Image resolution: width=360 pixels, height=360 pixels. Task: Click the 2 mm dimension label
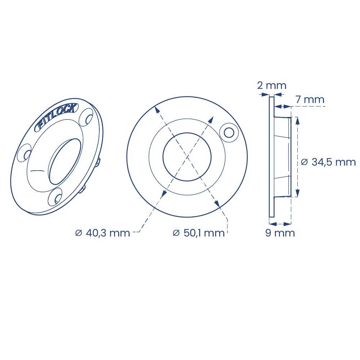click(271, 86)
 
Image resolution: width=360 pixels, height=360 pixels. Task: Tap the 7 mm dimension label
click(310, 100)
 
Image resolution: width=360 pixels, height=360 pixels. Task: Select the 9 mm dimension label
click(280, 233)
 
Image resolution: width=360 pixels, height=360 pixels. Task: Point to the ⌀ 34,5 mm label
click(328, 162)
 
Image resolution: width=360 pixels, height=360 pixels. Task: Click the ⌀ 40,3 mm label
click(103, 233)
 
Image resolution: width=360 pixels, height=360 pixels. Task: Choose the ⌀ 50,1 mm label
click(199, 233)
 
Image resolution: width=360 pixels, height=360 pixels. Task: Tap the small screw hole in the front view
click(229, 133)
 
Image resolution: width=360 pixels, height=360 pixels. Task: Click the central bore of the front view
click(187, 157)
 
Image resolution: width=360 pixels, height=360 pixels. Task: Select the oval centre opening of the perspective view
click(65, 161)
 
